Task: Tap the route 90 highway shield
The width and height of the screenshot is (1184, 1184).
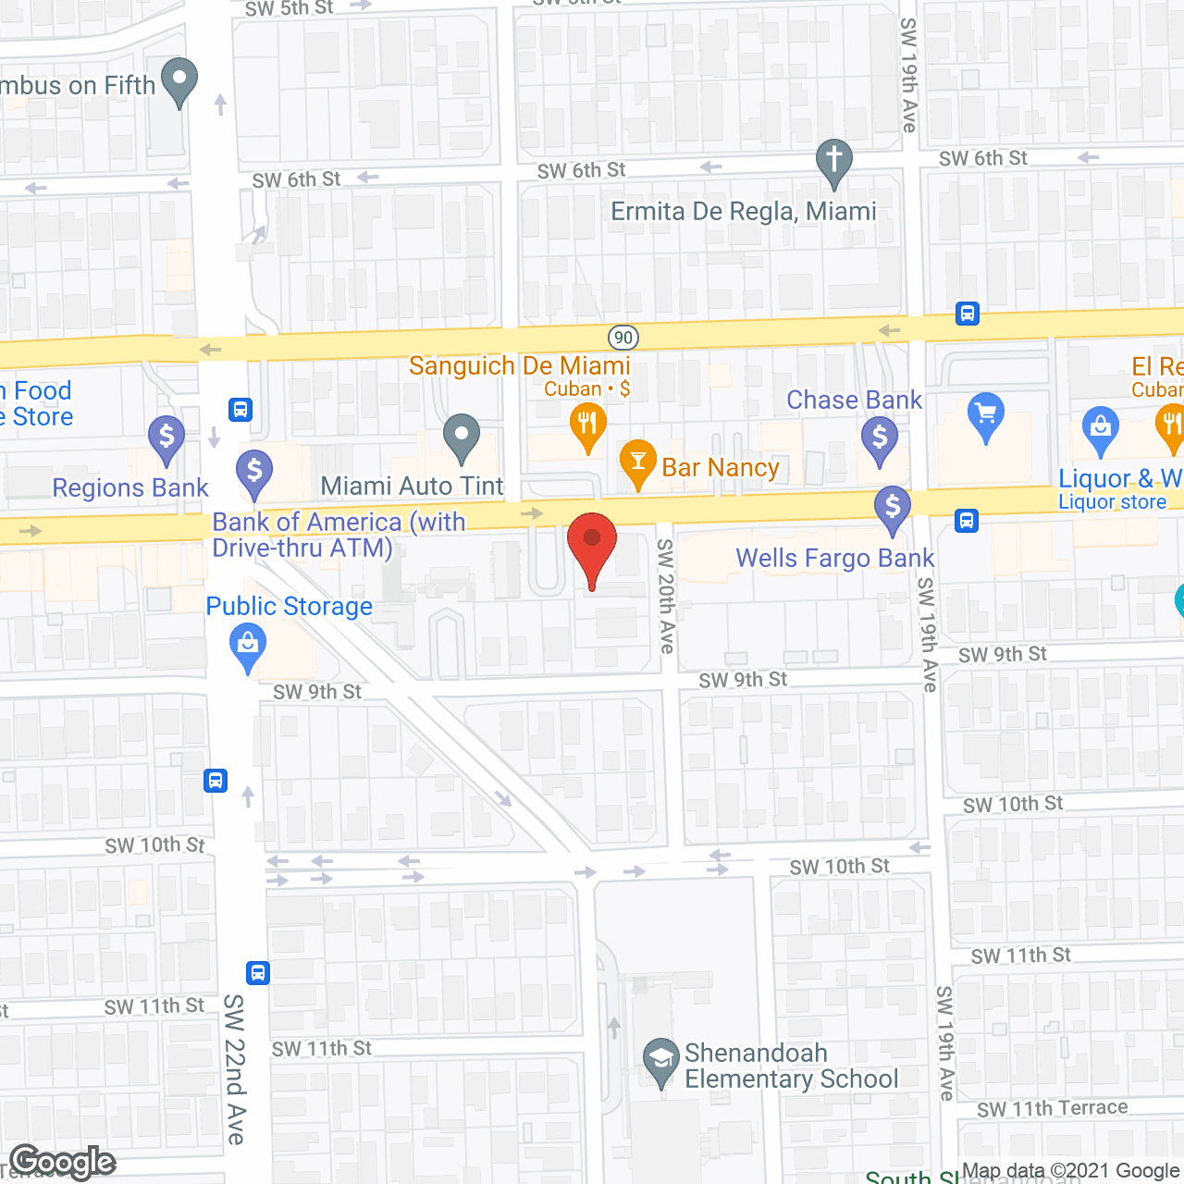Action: (x=623, y=338)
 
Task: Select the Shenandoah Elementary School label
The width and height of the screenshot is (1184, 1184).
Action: (x=791, y=1067)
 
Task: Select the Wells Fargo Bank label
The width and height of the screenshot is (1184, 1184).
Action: (x=834, y=559)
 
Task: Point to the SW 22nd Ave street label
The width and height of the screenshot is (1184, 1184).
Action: (x=235, y=1069)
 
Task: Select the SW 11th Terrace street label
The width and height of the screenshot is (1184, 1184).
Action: (x=1052, y=1108)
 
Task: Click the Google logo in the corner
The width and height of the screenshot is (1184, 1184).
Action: (x=63, y=1162)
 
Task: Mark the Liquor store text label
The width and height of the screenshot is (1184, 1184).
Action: (x=1112, y=502)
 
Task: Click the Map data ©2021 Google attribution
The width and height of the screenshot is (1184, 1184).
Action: (x=1070, y=1171)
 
